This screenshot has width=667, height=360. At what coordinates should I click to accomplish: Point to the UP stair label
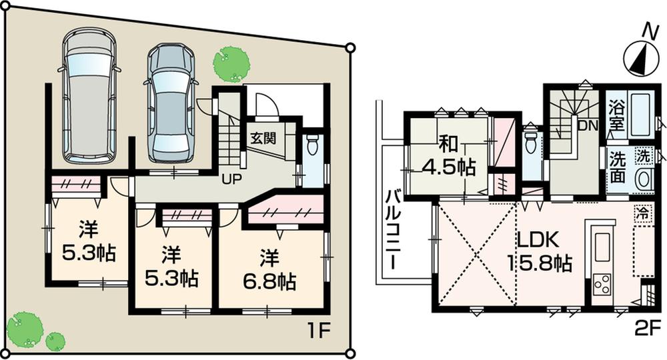231,179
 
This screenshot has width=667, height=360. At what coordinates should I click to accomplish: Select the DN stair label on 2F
588,125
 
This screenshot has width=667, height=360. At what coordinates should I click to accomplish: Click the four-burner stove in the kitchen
602,286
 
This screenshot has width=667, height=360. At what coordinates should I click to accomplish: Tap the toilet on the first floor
312,148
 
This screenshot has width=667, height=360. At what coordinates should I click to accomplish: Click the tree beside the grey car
231,63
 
